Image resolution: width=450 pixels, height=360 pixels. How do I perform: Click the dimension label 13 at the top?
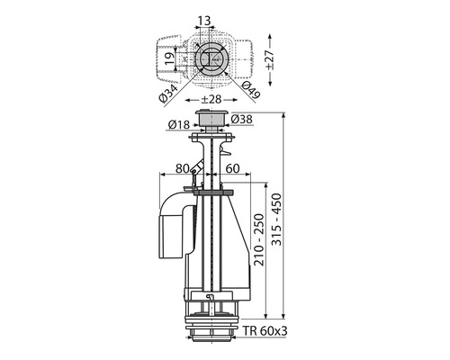[204, 21]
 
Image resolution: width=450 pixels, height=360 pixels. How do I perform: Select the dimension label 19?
[169, 59]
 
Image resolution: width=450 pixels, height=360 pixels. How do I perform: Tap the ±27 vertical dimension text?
[270, 59]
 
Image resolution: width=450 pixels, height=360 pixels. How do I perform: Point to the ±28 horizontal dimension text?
[211, 99]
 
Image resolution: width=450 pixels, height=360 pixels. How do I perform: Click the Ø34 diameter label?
[169, 94]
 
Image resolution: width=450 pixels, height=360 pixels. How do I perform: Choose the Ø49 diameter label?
[250, 90]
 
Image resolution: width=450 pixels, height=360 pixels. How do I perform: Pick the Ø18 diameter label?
[179, 124]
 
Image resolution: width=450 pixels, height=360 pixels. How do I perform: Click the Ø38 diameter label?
[242, 119]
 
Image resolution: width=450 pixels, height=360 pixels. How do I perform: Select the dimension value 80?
[183, 168]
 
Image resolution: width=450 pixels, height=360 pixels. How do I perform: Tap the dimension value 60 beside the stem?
[232, 168]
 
